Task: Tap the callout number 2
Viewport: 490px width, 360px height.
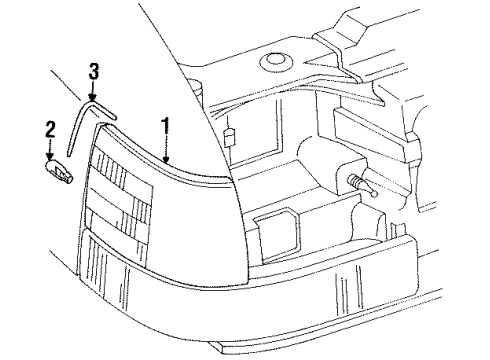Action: pyautogui.click(x=49, y=128)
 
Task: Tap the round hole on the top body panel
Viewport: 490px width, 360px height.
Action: pyautogui.click(x=277, y=65)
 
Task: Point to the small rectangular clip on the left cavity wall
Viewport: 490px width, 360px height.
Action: pyautogui.click(x=229, y=137)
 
